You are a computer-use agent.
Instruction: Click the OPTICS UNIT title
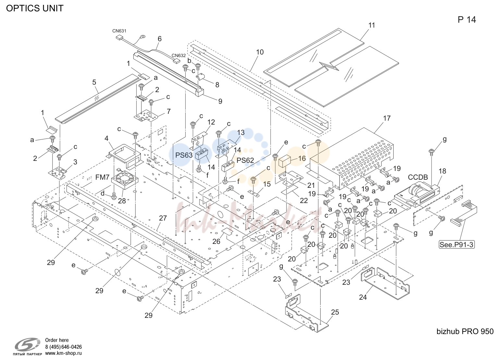tap(35, 8)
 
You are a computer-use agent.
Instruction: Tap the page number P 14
tap(467, 20)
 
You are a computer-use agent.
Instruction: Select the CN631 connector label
tap(119, 31)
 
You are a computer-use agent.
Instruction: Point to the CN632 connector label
tap(178, 55)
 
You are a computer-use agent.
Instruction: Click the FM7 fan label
tap(102, 177)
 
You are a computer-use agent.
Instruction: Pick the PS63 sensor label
tap(184, 155)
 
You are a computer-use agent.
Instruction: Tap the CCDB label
tap(418, 177)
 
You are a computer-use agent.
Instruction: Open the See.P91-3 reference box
tap(457, 245)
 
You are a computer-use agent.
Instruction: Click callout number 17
tap(387, 118)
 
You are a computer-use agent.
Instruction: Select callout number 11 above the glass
tap(372, 25)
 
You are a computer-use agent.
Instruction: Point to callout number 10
tap(260, 52)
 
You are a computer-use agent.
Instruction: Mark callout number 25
tap(335, 312)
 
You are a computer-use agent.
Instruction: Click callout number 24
tap(363, 297)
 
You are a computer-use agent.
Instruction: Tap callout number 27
tap(163, 218)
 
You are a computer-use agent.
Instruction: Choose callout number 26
tap(216, 242)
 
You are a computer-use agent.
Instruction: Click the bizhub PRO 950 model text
tap(465, 331)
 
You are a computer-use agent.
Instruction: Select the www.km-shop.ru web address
tap(63, 353)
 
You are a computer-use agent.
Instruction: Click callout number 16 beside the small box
tap(302, 158)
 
